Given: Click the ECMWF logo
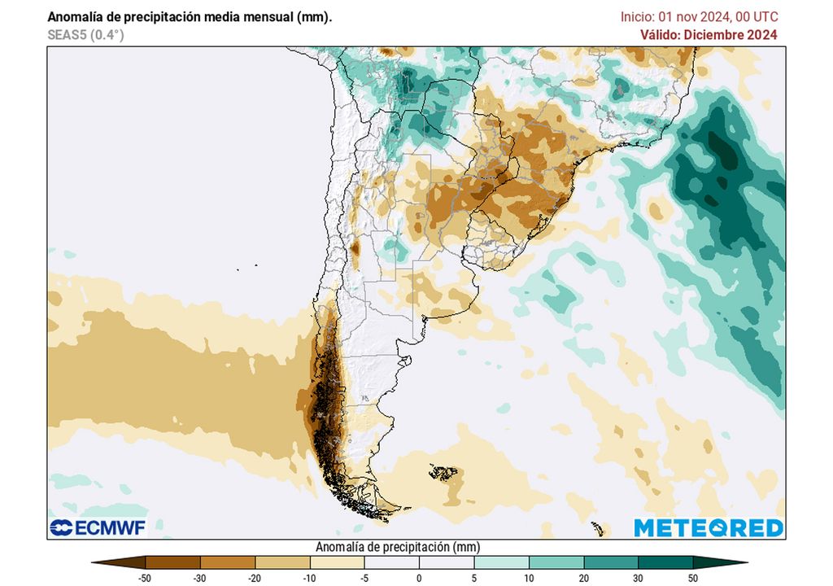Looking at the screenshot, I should (97, 527).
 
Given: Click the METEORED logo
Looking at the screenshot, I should (708, 527).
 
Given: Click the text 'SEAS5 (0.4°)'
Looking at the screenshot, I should (85, 34).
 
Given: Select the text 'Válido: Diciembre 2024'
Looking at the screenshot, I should (709, 34).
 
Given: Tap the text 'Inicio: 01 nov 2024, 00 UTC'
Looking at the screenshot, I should (699, 16).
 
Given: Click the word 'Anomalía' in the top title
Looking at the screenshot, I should (75, 16).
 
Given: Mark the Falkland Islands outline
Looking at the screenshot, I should (443, 471).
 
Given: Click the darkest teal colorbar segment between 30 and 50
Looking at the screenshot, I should (665, 562).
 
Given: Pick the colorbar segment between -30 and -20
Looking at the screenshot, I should (228, 562).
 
